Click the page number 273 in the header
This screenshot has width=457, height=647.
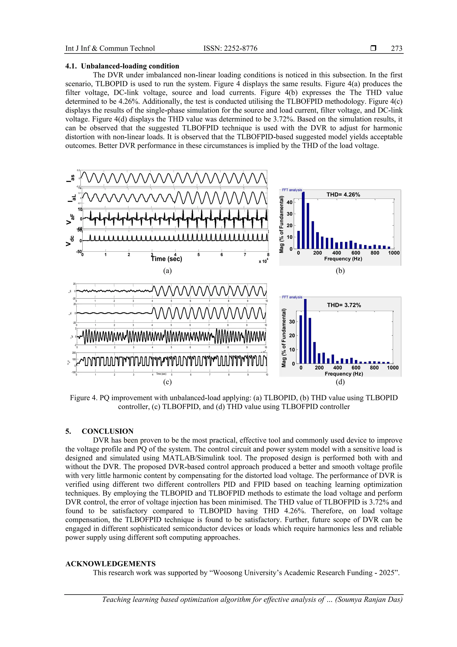(397, 48)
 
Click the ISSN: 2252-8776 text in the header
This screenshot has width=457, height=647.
(230, 48)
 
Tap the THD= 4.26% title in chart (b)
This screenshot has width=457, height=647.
(343, 195)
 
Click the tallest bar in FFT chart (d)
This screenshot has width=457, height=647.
(305, 331)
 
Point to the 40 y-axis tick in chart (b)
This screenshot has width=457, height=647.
(289, 202)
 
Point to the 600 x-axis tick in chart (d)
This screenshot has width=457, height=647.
(356, 368)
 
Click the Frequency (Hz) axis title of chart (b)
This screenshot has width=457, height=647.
(343, 259)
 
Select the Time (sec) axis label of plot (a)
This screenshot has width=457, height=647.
(167, 259)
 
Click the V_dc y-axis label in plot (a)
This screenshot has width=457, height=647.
(70, 241)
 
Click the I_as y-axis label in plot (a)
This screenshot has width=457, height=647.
(70, 178)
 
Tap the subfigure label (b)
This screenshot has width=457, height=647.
(340, 271)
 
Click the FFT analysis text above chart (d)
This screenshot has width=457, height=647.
(292, 297)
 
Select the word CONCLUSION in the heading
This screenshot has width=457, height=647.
(108, 431)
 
